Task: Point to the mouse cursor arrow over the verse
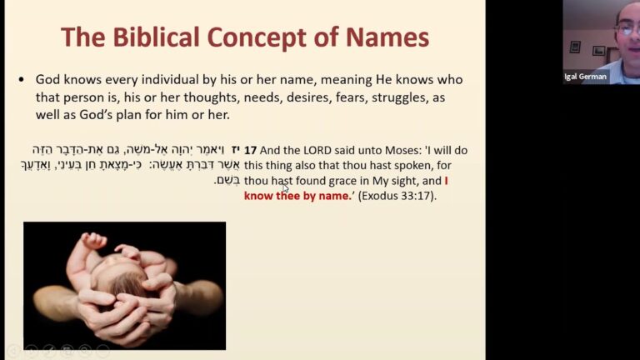[x=285, y=187]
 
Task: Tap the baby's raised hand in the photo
[x=94, y=241]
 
